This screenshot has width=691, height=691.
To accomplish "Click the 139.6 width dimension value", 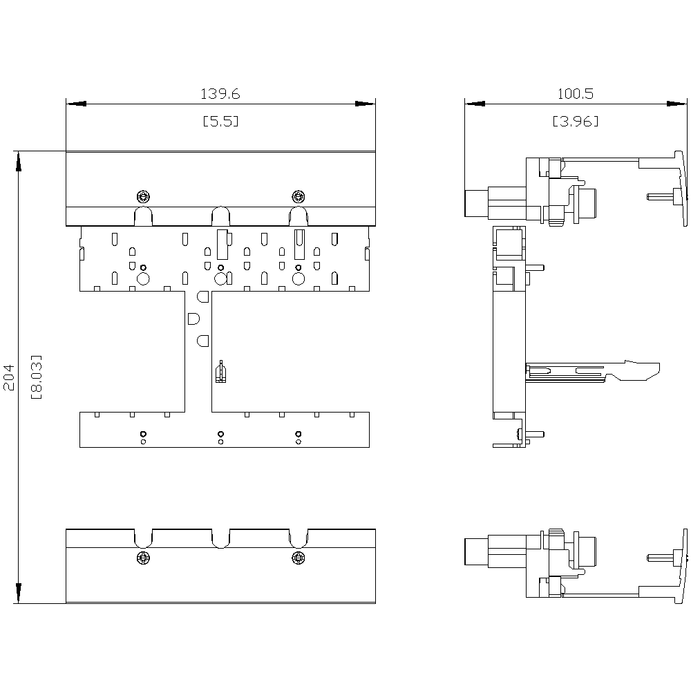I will (220, 93).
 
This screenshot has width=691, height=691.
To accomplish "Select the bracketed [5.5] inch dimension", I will (220, 121).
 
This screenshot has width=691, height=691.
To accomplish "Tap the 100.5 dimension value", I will (576, 93).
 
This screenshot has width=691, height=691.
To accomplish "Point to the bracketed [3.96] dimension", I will (576, 121).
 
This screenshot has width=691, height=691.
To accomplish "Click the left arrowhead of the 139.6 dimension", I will (76, 104).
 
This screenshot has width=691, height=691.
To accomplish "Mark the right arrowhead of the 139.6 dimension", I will (365, 104).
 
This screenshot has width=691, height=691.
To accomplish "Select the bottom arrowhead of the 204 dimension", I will (19, 593).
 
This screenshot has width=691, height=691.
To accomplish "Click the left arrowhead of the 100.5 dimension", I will (475, 104).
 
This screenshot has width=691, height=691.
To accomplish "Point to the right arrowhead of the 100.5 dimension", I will (677, 104).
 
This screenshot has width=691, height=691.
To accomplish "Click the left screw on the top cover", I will (143, 194).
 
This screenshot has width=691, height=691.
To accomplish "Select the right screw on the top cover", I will (298, 194).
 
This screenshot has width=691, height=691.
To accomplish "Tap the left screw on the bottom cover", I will (143, 557).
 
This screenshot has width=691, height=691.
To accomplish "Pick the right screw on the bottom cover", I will (298, 557).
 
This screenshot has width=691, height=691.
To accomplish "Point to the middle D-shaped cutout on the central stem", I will (193, 319).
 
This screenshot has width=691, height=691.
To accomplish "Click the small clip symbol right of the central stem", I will (220, 372).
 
